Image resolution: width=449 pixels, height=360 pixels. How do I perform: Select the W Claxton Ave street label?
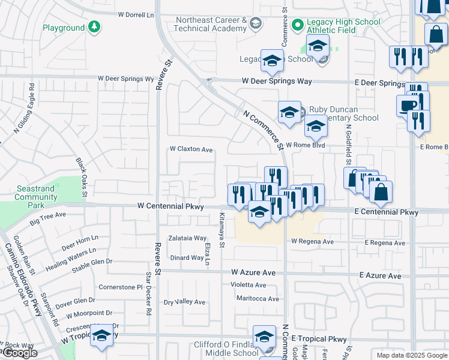point(191,149)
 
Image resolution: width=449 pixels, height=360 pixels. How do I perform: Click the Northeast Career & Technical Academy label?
point(211,24)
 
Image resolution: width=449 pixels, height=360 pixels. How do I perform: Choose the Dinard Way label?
point(187,258)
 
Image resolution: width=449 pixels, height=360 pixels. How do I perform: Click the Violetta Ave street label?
point(252,285)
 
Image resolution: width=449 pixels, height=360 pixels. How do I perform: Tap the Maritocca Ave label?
point(258,299)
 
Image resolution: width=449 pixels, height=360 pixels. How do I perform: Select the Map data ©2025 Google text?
point(411,355)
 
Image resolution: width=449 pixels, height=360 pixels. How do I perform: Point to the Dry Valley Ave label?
point(185,302)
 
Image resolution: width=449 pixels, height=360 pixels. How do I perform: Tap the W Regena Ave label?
point(312,242)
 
